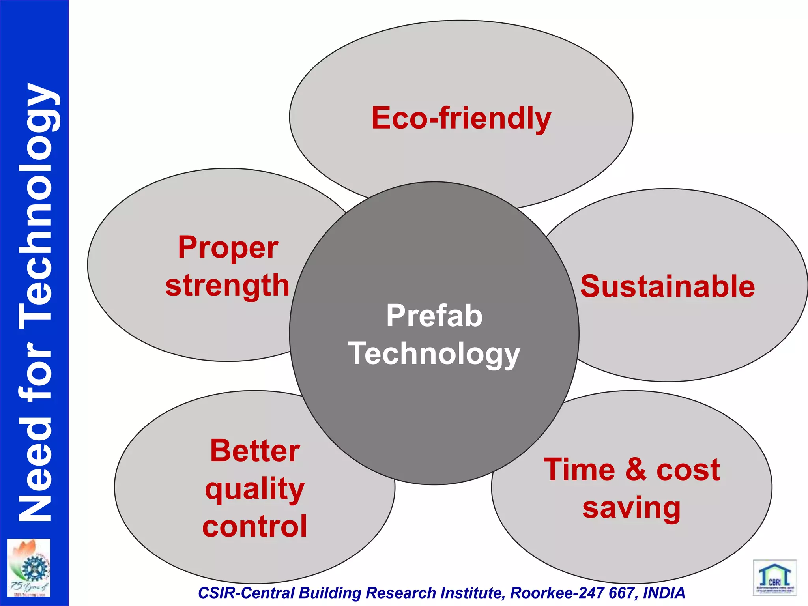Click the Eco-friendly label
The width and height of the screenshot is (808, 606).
point(461,118)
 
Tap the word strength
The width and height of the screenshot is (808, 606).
point(227,286)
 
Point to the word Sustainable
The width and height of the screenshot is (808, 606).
point(667,286)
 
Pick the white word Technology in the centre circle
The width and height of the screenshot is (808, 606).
point(434,354)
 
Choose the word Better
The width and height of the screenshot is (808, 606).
point(255,451)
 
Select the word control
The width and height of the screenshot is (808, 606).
point(255,526)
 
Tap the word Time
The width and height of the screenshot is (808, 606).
point(579,469)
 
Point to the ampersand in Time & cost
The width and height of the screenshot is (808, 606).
point(636,469)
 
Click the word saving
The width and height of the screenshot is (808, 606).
point(631,508)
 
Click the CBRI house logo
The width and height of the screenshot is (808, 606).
point(775,578)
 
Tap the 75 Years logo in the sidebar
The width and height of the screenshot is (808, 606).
point(29,567)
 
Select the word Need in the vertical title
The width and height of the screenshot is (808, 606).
point(36,469)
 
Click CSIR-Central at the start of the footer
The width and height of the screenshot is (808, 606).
point(246,593)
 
